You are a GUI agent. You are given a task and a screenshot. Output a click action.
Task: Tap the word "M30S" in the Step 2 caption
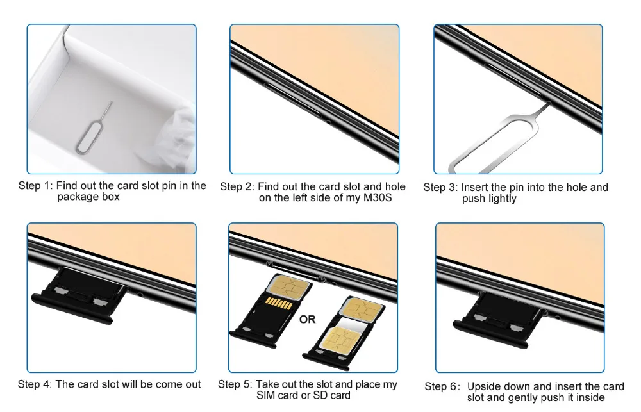click(x=378, y=198)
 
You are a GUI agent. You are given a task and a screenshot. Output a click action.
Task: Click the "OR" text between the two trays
click(x=308, y=319)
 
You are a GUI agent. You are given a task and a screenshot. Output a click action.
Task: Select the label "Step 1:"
click(x=35, y=186)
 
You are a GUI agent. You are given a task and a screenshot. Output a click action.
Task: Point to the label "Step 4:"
click(x=35, y=384)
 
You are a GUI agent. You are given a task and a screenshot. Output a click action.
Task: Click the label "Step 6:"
click(x=442, y=386)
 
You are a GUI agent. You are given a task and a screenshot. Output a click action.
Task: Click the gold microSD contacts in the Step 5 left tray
click(x=278, y=303)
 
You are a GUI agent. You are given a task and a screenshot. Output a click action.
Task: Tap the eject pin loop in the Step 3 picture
click(x=490, y=145)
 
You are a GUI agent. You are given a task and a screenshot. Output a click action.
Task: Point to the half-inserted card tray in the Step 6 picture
click(x=499, y=320)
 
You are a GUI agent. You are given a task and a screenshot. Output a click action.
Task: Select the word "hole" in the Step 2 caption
click(x=395, y=186)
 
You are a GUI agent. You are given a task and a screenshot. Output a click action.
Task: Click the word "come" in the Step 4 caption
click(x=164, y=384)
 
